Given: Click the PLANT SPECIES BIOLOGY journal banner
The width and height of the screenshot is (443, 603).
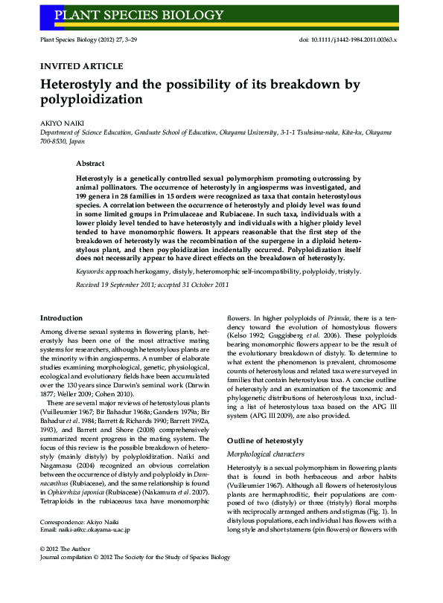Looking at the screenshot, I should (138, 15).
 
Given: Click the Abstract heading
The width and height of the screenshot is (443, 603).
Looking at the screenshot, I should (90, 163).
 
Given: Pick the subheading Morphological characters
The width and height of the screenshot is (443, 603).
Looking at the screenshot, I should (266, 454).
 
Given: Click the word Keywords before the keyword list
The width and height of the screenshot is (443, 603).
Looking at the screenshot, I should (90, 272).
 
